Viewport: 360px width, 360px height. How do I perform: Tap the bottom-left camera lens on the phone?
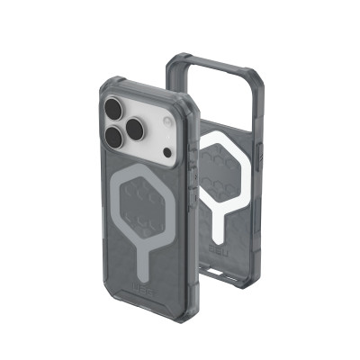(113, 139)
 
